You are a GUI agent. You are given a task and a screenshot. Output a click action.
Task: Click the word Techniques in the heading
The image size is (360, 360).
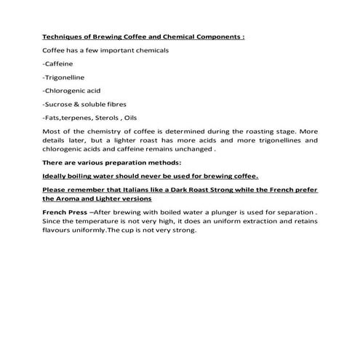tap(63, 35)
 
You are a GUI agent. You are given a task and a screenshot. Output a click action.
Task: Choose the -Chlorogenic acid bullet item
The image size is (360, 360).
tap(72, 91)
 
